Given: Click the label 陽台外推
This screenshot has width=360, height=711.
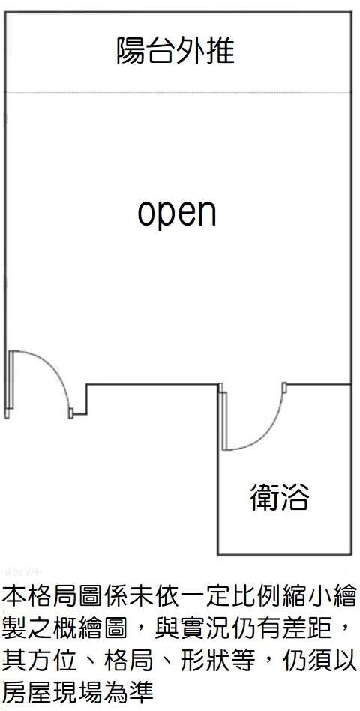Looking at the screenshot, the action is tap(175, 51).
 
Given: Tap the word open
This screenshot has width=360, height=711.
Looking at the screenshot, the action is tap(177, 214).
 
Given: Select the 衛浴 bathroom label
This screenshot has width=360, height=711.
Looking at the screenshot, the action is tap(279, 497).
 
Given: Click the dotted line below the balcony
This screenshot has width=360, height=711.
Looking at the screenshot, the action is tap(178, 92).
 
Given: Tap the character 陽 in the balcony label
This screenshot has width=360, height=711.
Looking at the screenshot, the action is tap(131, 51).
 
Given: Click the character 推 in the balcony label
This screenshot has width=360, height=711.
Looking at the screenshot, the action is tap(220, 51).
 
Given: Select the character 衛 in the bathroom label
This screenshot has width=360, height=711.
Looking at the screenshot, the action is tap(265, 497).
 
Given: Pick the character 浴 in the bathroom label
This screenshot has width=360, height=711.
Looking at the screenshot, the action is tap(294, 497).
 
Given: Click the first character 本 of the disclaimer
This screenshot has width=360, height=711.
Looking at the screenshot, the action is tap(13, 596).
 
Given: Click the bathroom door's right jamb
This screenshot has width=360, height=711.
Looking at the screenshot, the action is tap(284, 388).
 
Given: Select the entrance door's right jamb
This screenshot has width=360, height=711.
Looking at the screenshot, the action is tap(70, 413).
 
